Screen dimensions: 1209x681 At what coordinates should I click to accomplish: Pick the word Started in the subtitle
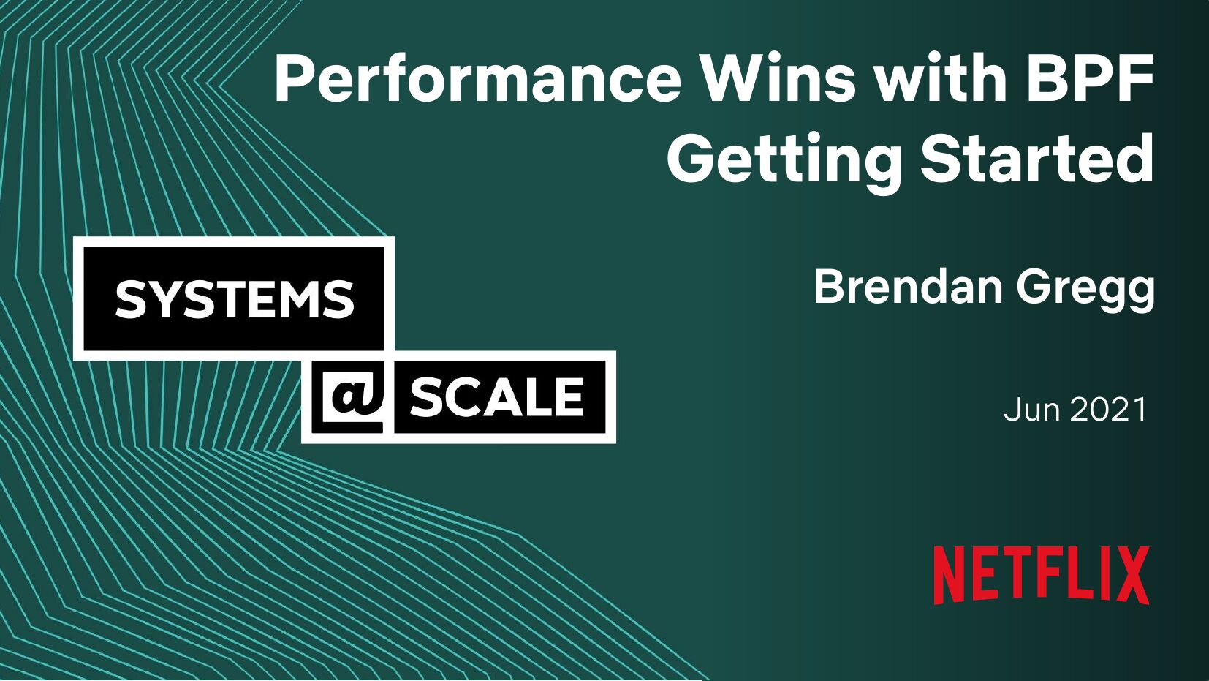point(1036,158)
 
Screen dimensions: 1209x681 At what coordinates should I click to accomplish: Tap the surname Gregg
point(1085,290)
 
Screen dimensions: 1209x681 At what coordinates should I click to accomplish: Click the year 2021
point(1107,410)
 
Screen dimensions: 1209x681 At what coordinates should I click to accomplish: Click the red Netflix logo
point(1041,575)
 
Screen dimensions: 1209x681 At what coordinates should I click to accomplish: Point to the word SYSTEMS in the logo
point(235,298)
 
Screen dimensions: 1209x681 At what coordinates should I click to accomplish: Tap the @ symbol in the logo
point(353,397)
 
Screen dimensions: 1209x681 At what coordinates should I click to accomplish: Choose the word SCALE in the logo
point(496,397)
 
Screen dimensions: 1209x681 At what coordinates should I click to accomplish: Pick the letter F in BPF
point(1136,78)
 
